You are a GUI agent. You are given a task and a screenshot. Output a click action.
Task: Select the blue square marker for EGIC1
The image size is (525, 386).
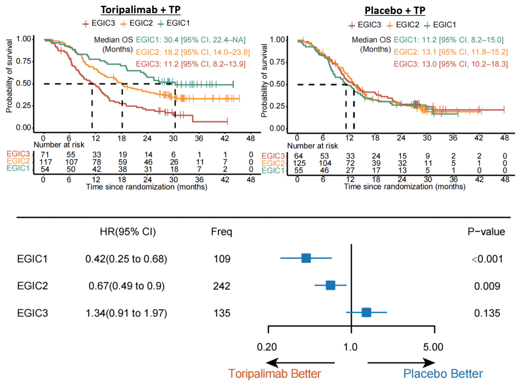[x=306, y=258]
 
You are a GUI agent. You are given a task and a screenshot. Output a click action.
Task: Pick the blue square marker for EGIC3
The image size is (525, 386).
[x=366, y=312]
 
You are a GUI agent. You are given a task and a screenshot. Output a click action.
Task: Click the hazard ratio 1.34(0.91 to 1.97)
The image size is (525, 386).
[x=126, y=313]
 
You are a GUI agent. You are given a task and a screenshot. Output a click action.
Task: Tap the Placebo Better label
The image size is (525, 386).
[x=443, y=374]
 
